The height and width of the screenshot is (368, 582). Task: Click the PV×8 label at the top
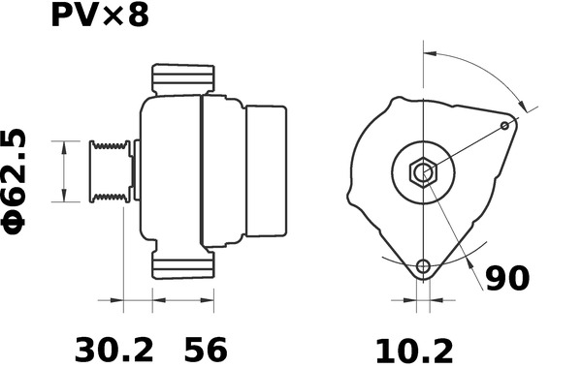[100, 15]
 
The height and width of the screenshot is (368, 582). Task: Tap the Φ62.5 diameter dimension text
[15, 183]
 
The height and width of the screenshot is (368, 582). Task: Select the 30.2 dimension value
[114, 350]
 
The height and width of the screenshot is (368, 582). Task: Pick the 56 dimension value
[206, 350]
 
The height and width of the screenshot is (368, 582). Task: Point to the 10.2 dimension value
[414, 351]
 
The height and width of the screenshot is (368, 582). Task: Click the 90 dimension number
[507, 278]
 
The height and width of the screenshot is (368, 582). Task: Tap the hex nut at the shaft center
[424, 172]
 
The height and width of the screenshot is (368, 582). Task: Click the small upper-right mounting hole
[504, 126]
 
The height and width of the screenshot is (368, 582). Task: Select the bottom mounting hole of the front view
[423, 265]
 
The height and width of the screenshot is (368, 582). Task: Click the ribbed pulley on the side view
[110, 171]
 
